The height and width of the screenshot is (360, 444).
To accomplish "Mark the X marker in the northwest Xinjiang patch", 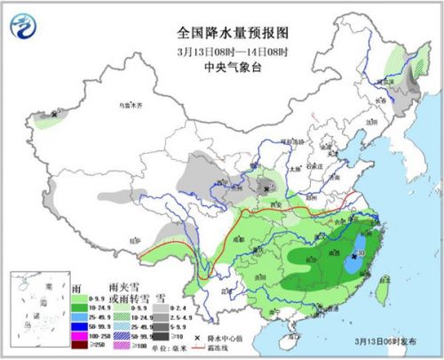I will point(55,115).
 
